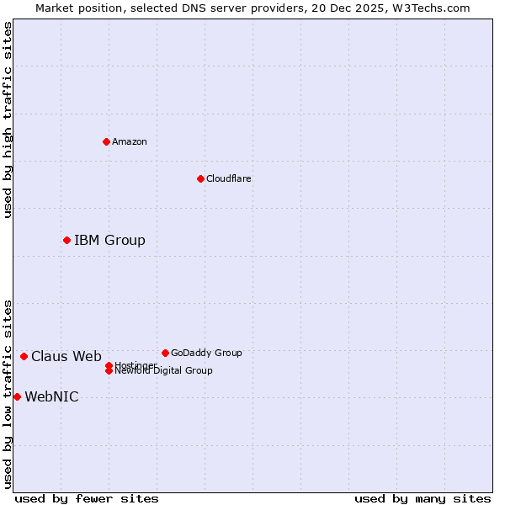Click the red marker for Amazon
[x=106, y=141]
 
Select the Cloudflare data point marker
[x=200, y=178]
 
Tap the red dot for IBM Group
[x=66, y=241]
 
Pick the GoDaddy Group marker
[x=165, y=353]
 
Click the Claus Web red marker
[x=24, y=357]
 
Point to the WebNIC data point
[x=17, y=396]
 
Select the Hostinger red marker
[x=109, y=365]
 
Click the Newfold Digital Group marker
[x=109, y=371]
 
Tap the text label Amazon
[x=129, y=141]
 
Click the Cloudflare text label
[x=228, y=178]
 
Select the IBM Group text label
[x=109, y=241]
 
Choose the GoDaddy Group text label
[x=206, y=353]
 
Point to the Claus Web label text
[x=66, y=357]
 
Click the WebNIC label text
[x=51, y=397]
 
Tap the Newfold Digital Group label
[x=163, y=371]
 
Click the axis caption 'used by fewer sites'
[x=87, y=498]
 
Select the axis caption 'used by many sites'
[x=423, y=498]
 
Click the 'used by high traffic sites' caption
[x=8, y=120]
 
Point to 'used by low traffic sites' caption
[x=8, y=393]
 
